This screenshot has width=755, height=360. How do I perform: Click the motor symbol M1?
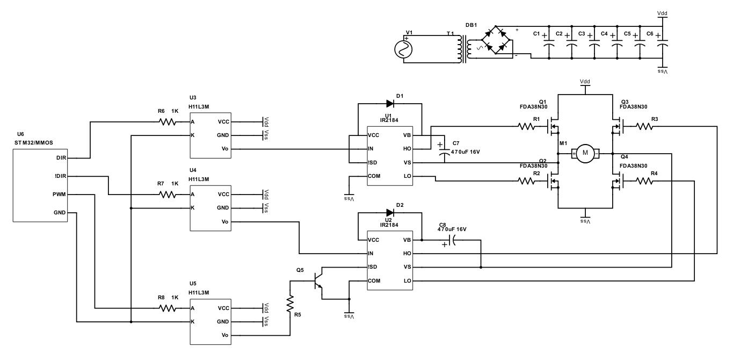click(585, 154)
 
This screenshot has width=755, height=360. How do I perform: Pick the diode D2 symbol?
click(390, 212)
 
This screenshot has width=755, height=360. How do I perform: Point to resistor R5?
click(291, 304)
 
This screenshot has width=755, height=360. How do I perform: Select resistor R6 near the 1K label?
click(168, 122)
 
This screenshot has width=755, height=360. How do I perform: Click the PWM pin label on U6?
click(60, 194)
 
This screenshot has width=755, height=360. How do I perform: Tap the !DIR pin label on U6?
click(60, 176)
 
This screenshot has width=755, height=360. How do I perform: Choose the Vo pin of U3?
click(225, 148)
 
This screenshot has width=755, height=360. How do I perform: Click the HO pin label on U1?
click(407, 148)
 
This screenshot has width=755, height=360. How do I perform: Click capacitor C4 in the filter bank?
click(616, 44)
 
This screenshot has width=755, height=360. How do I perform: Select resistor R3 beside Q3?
click(644, 127)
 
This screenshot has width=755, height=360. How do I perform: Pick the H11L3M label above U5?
click(199, 292)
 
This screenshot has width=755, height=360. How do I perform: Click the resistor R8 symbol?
click(168, 308)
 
